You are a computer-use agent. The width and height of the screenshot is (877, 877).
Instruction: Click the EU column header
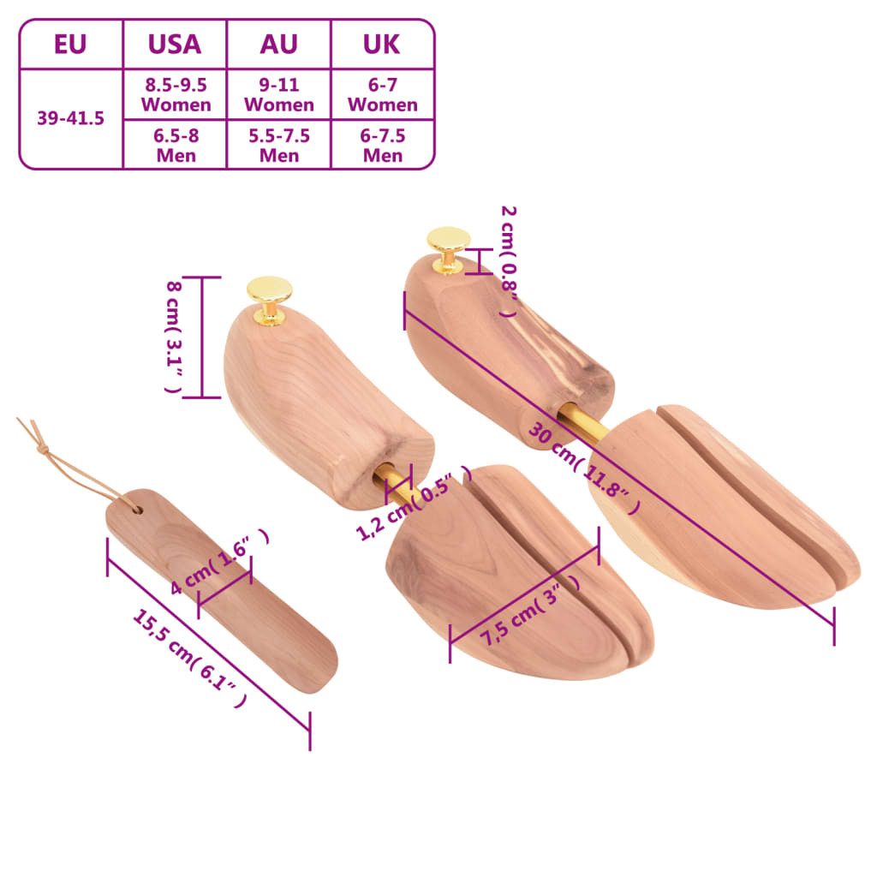tap(70, 44)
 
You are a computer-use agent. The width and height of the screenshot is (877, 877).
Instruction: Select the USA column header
tap(175, 44)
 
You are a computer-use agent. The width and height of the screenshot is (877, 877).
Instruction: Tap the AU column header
tap(278, 44)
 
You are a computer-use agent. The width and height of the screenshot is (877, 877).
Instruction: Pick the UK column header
tap(382, 44)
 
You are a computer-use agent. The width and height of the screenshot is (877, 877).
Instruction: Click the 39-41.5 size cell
tap(70, 118)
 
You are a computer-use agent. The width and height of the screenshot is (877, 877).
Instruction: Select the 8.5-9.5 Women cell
tap(176, 94)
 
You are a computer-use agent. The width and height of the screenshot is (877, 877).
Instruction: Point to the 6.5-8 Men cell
tap(176, 145)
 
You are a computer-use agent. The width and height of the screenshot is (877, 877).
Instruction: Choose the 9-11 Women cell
tap(278, 94)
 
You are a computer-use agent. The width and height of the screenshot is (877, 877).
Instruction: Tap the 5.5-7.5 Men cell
tap(278, 145)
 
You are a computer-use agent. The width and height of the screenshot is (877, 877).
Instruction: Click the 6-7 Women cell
tap(382, 94)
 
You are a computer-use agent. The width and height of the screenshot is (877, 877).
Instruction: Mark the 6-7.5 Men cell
tap(382, 145)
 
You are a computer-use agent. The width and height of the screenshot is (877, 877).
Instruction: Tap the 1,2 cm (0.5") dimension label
tap(414, 505)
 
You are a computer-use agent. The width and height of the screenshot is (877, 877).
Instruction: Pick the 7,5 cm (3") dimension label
tap(528, 610)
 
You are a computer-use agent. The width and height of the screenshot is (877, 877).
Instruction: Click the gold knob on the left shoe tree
tap(270, 296)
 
